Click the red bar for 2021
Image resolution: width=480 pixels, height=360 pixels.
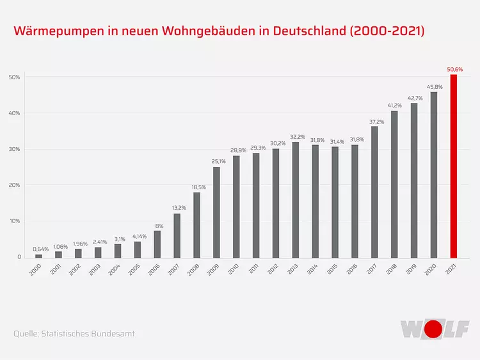click(454, 166)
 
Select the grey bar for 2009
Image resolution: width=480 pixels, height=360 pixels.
click(216, 212)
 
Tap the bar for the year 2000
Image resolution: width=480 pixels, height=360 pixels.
click(38, 256)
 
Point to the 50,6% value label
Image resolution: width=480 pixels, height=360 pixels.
click(454, 69)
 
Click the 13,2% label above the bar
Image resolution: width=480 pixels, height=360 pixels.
click(177, 208)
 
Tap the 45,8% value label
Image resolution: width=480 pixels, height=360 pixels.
click(434, 86)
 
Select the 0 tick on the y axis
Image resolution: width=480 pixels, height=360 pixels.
click(19, 257)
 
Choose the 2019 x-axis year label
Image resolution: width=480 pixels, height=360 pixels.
click(412, 269)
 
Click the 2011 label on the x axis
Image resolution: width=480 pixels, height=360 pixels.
click(253, 269)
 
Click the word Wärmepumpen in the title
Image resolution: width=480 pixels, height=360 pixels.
click(57, 31)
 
